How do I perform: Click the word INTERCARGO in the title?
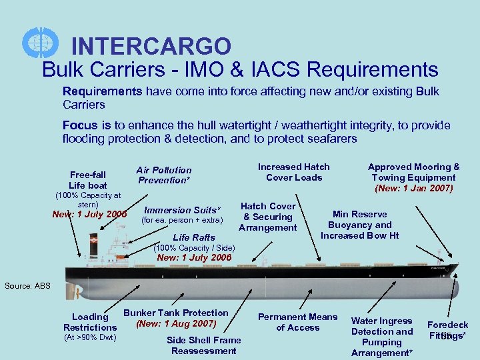(x=151, y=46)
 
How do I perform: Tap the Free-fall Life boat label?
(x=88, y=179)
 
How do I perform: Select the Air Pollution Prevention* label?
(x=164, y=175)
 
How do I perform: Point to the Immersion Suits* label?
(x=182, y=210)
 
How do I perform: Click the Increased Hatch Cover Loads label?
(x=293, y=171)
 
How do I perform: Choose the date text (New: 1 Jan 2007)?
(x=414, y=188)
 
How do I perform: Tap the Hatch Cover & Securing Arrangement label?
(x=268, y=217)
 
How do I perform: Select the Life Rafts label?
(x=193, y=237)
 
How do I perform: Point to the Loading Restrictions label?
(x=90, y=322)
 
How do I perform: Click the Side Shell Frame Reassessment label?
(x=203, y=345)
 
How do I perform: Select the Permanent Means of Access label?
(x=297, y=322)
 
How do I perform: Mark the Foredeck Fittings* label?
(x=448, y=330)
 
